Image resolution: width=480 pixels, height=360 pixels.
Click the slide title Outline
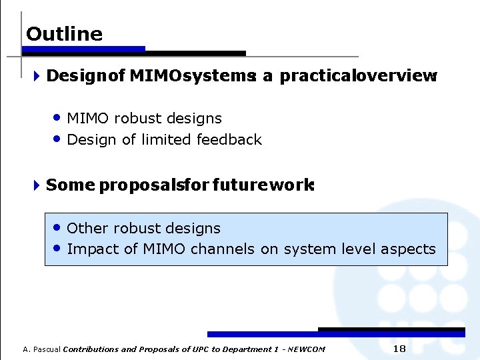pos(64,34)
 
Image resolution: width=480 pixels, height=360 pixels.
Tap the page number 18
pos(399,349)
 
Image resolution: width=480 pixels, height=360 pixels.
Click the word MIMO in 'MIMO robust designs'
pos(88,119)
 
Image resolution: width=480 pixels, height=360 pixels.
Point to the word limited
pos(165,139)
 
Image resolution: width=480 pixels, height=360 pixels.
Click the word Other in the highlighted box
pos(88,228)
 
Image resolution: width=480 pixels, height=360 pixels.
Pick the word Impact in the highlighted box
pos(91,249)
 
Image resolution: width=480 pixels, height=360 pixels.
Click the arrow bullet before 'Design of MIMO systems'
pos(37,76)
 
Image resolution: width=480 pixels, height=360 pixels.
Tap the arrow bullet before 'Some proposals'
pos(37,185)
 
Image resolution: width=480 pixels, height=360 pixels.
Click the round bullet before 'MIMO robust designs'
pos(58,118)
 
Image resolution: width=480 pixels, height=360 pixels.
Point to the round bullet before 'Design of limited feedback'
pos(58,139)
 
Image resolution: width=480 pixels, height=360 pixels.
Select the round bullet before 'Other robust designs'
pos(58,227)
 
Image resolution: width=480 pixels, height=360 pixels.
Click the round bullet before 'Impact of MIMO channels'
pos(58,249)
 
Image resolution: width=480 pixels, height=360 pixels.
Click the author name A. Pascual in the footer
pos(41,349)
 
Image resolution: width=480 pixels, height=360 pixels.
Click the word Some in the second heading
pos(71,185)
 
